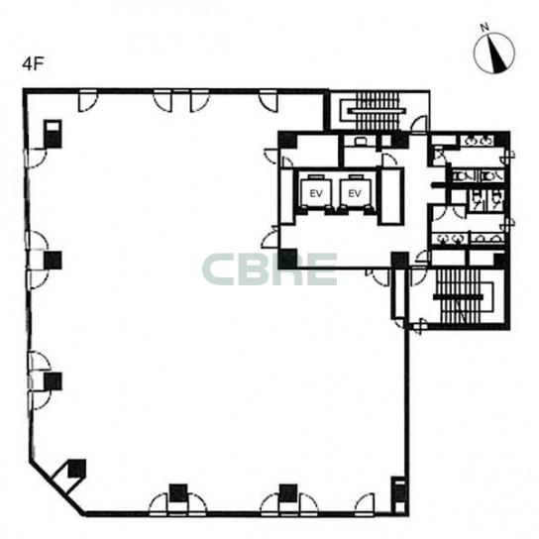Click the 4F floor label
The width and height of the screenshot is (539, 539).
point(34,64)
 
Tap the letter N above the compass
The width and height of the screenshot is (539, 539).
point(485,28)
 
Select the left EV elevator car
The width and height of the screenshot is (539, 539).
point(315,192)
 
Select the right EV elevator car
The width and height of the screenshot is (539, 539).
point(355,192)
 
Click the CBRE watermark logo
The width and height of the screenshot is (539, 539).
point(269,269)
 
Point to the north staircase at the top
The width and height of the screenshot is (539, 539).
point(377,110)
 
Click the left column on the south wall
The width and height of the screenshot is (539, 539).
point(178,493)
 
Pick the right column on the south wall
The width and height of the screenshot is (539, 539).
point(288,493)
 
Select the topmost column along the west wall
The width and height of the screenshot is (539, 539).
point(53,134)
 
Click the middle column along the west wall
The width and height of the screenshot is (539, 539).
point(53,261)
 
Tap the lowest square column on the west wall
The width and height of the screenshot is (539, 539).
point(53,381)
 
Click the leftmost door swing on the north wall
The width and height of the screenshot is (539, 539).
point(88,101)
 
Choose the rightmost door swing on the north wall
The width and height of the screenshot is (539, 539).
point(269,101)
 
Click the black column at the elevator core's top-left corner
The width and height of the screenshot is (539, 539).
point(287,140)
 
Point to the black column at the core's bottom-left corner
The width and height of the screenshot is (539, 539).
point(287,259)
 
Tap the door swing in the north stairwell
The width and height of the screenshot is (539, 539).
point(419,125)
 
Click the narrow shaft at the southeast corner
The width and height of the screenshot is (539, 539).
point(399,495)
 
